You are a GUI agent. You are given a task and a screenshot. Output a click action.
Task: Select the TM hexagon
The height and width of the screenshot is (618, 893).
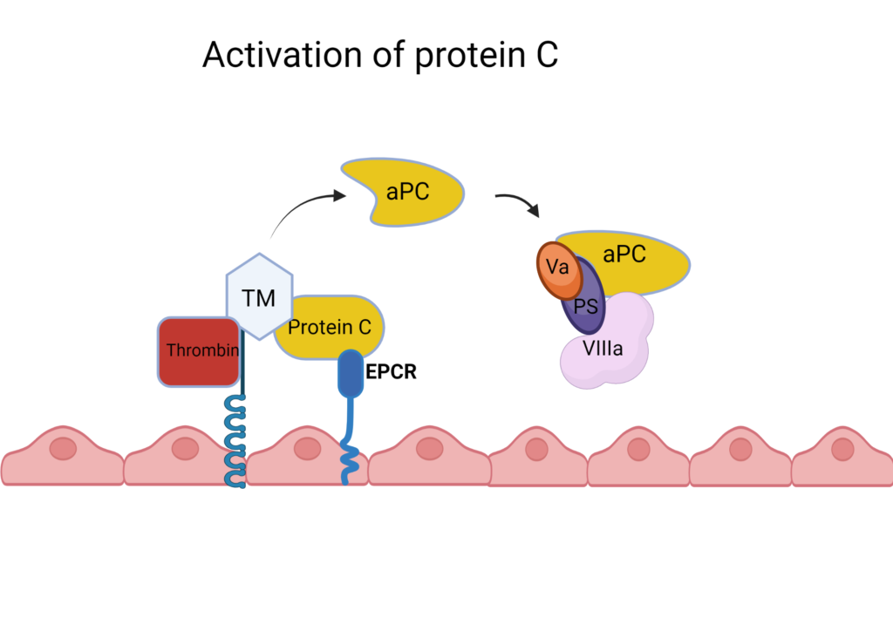259,297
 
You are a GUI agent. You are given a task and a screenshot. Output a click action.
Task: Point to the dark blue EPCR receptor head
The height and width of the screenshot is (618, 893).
350,372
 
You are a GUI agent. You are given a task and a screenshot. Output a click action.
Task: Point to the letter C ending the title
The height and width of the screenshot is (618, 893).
546,55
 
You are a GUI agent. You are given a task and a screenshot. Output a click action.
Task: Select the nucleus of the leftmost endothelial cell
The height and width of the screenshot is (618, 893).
63,449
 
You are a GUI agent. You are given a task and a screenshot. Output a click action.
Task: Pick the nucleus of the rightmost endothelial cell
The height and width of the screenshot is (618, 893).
842,449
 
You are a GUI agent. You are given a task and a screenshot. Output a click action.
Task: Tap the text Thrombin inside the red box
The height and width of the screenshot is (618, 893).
198,351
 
